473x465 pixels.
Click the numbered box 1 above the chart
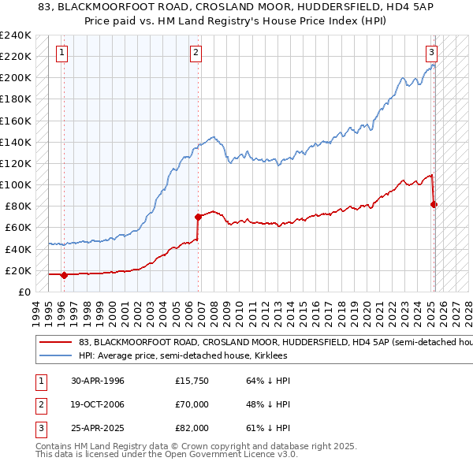[61, 54]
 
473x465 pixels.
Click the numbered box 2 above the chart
[196, 54]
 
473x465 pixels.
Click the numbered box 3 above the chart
[432, 54]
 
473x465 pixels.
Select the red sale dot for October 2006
[198, 216]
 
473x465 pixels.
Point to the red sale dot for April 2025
[434, 204]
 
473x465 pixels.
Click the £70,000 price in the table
[192, 404]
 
